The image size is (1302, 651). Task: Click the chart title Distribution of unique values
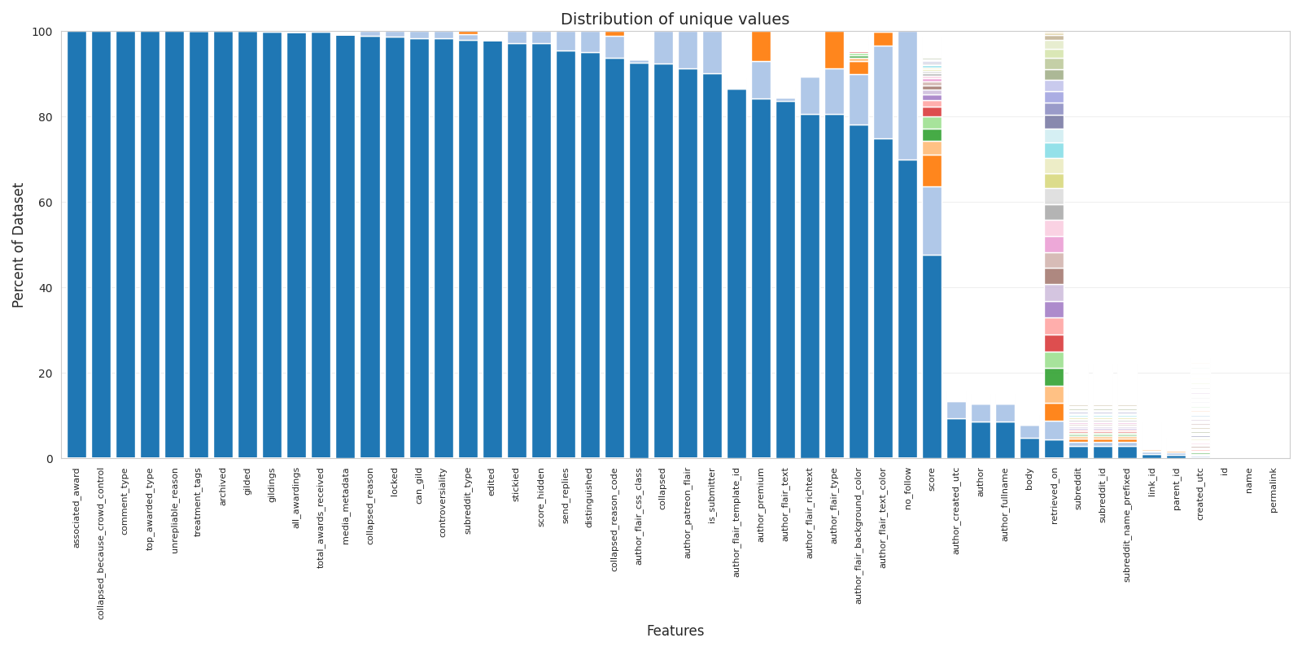coord(675,20)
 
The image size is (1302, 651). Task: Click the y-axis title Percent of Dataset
coord(19,245)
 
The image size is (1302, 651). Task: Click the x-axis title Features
coord(675,631)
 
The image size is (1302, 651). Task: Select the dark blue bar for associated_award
coord(76,244)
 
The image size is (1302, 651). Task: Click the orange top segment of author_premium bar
coord(761,46)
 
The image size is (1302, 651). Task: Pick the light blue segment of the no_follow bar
coord(907,96)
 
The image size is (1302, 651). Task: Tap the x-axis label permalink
coord(1274,490)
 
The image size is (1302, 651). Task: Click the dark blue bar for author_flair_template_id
coord(736,273)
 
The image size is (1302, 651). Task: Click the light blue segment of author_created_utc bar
coord(956,410)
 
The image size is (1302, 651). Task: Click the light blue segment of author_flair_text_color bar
coord(883,92)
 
